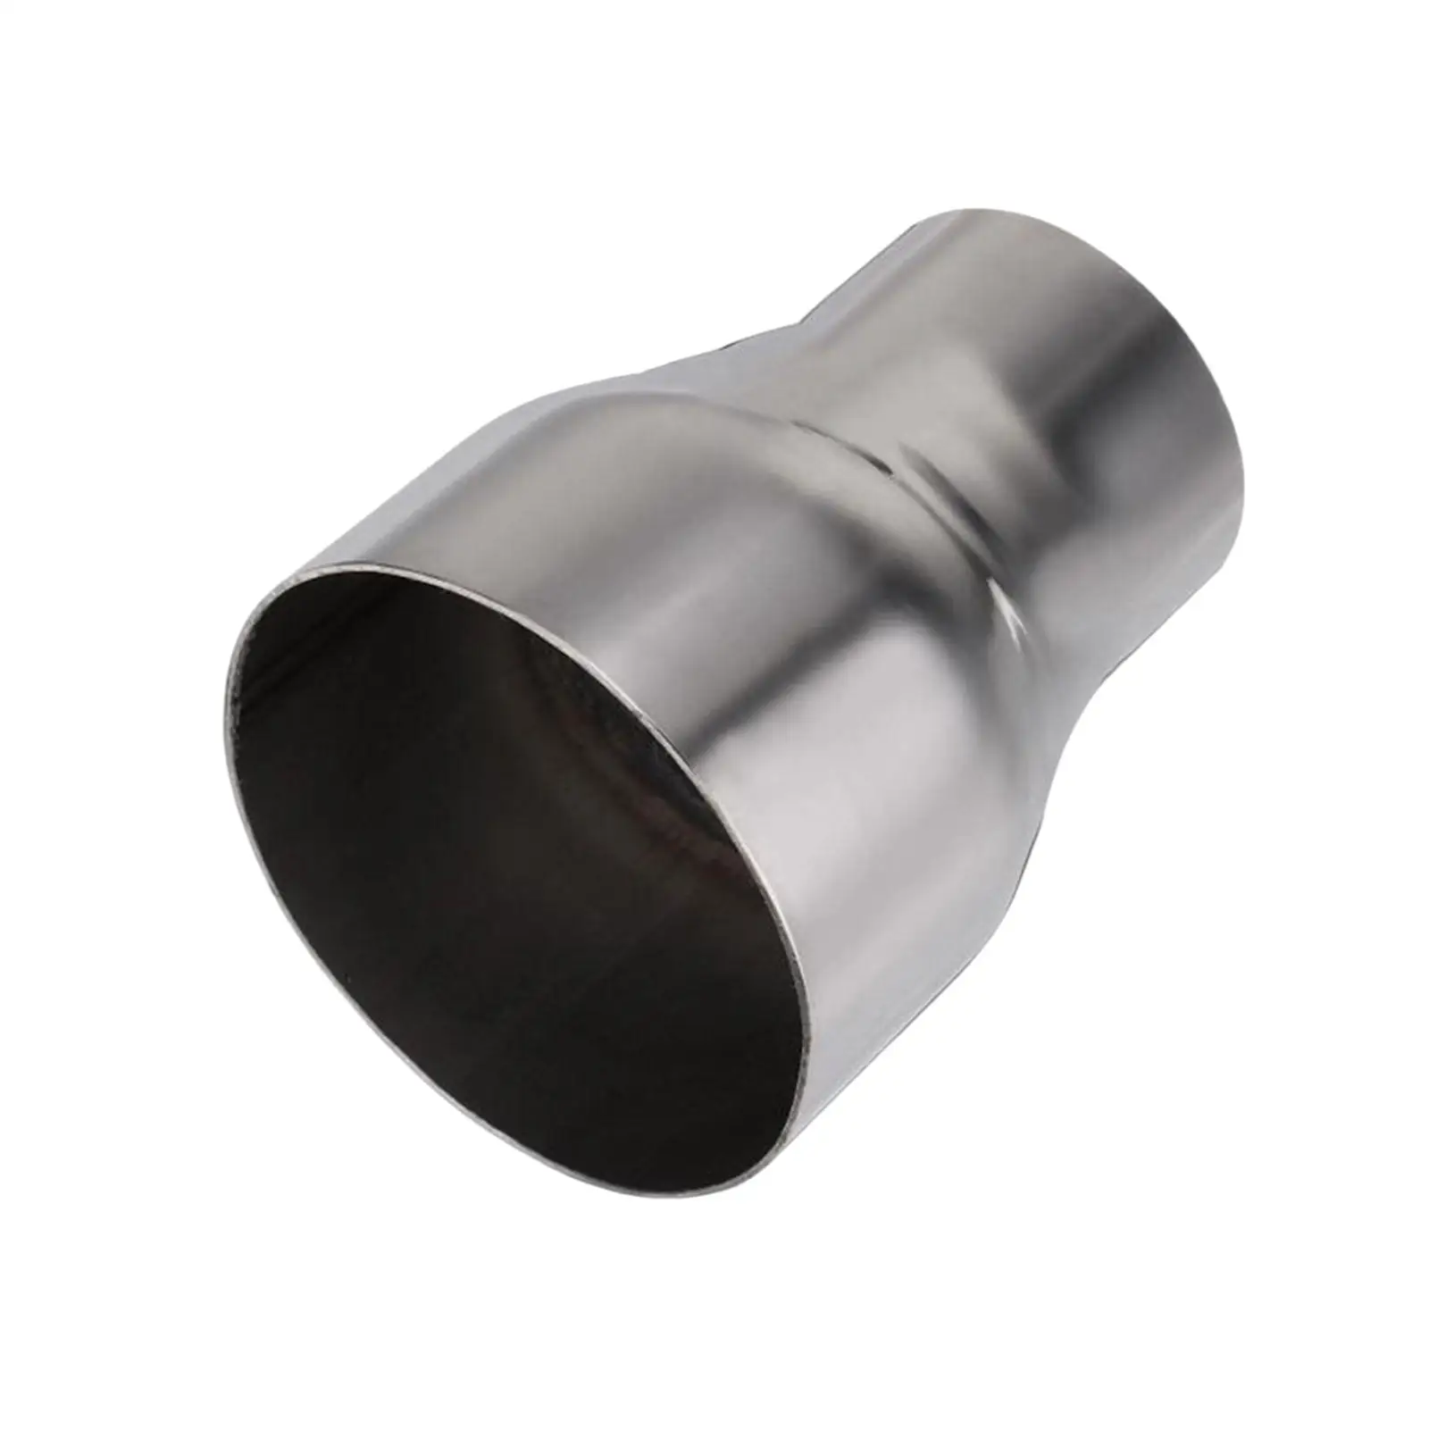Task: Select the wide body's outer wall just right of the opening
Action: click(893, 893)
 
